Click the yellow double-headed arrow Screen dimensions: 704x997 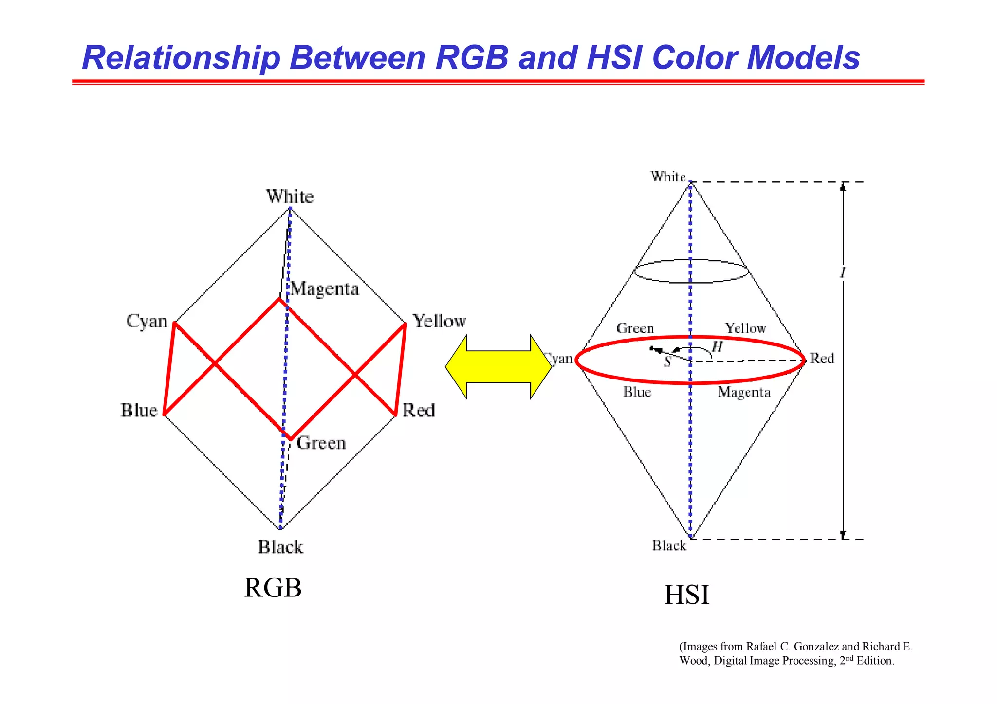(x=498, y=366)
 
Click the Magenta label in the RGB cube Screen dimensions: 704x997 (x=325, y=289)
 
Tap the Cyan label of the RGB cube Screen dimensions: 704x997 (x=147, y=321)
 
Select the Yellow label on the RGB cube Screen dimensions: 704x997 (x=439, y=321)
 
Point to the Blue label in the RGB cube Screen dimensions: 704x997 (x=139, y=410)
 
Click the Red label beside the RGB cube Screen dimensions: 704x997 (x=418, y=410)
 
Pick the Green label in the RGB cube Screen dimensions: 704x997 (x=321, y=443)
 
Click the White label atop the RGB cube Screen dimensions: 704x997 (x=290, y=197)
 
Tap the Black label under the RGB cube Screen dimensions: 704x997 (x=280, y=547)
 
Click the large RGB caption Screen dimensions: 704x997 (x=273, y=588)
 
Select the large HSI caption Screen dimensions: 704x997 (x=686, y=595)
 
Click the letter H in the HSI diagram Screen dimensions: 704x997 (x=717, y=347)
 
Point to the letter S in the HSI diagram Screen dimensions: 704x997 (x=667, y=362)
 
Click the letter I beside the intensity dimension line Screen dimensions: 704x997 (x=843, y=273)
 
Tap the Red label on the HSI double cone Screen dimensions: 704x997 (x=822, y=359)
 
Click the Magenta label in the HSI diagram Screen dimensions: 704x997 (x=744, y=392)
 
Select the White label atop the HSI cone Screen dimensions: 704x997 (x=668, y=177)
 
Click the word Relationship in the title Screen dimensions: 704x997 (x=181, y=58)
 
